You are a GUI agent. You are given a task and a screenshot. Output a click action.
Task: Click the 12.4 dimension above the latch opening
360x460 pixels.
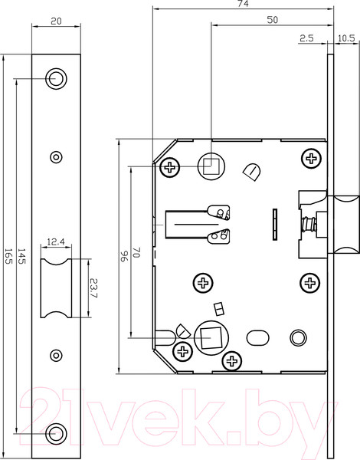coord(55,242)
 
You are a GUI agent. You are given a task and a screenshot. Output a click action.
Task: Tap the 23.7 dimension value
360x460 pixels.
coord(93,288)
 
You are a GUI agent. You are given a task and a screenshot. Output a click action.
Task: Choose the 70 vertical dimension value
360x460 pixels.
coord(136,252)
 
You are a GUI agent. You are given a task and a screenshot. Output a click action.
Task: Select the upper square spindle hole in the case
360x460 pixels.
coord(210,164)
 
